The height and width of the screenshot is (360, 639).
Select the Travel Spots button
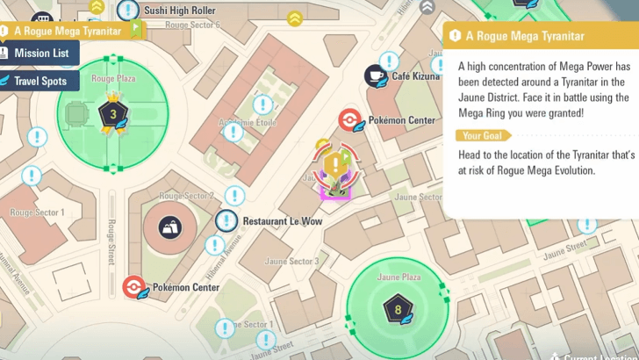tap(39, 81)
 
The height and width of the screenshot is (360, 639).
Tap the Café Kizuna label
tap(416, 76)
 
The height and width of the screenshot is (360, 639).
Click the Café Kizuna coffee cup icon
tap(376, 75)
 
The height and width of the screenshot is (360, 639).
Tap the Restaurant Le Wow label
tap(282, 221)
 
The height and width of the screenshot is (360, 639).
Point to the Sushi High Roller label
tap(181, 11)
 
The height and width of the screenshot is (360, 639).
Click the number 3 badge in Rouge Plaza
tap(111, 113)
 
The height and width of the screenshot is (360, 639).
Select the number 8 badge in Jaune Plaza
tap(398, 308)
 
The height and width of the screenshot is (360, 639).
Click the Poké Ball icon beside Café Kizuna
tap(349, 119)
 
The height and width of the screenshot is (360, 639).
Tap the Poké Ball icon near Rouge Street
tap(133, 287)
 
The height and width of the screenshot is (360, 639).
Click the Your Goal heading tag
tap(482, 135)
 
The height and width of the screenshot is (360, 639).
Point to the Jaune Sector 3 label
tap(291, 262)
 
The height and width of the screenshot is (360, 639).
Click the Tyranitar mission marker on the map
tap(334, 169)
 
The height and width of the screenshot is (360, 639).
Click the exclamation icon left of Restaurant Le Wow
tap(226, 220)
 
